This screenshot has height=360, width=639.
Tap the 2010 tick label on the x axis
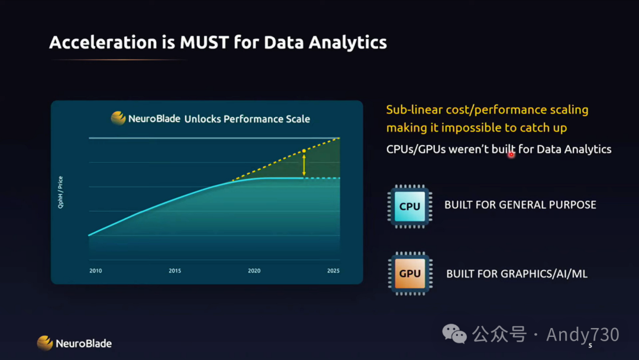96,271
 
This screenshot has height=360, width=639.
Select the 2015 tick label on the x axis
175,271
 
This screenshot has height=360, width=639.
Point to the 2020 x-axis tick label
254,271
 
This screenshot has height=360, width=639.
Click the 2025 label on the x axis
333,271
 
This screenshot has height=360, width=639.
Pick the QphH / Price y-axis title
60,192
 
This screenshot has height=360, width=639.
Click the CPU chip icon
409,206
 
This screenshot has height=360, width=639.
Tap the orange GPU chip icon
410,274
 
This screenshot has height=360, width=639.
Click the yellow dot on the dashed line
304,151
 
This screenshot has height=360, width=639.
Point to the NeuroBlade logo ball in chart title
118,118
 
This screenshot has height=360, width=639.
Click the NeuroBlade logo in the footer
74,343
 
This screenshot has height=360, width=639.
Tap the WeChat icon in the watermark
454,334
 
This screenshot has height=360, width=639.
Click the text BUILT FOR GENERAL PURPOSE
521,205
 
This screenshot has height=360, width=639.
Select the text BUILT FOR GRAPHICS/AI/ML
517,274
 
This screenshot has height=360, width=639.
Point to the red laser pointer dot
511,155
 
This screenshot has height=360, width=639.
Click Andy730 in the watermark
583,335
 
